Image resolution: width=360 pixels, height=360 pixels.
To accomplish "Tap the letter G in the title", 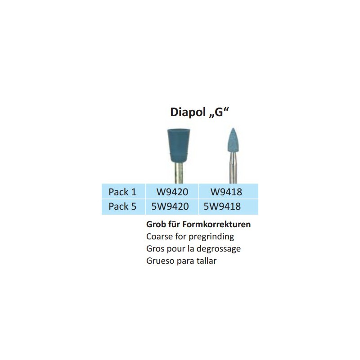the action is (219, 112).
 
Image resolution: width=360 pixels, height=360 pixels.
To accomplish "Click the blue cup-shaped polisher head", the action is (179, 145).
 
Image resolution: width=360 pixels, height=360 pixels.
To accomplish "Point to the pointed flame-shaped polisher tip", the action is (233, 140).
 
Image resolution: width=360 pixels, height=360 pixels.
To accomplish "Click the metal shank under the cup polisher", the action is (179, 173).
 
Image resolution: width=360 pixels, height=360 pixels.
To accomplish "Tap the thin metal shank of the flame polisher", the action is (233, 168).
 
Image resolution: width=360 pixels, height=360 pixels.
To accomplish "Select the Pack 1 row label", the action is (122, 192).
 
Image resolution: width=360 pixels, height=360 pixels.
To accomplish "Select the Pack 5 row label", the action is (122, 206).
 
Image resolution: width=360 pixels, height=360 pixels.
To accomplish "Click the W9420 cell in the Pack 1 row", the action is (172, 192).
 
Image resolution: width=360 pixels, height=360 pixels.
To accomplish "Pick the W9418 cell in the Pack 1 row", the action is (226, 192).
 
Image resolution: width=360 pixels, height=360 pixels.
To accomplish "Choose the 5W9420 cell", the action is (170, 206).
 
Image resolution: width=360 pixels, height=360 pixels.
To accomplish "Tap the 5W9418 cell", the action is (222, 206).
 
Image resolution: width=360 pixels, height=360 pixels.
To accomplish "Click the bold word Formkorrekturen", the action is (216, 224).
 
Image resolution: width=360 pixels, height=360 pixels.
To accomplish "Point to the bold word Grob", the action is (156, 224).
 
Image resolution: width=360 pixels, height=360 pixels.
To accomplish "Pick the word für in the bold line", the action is (174, 224).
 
